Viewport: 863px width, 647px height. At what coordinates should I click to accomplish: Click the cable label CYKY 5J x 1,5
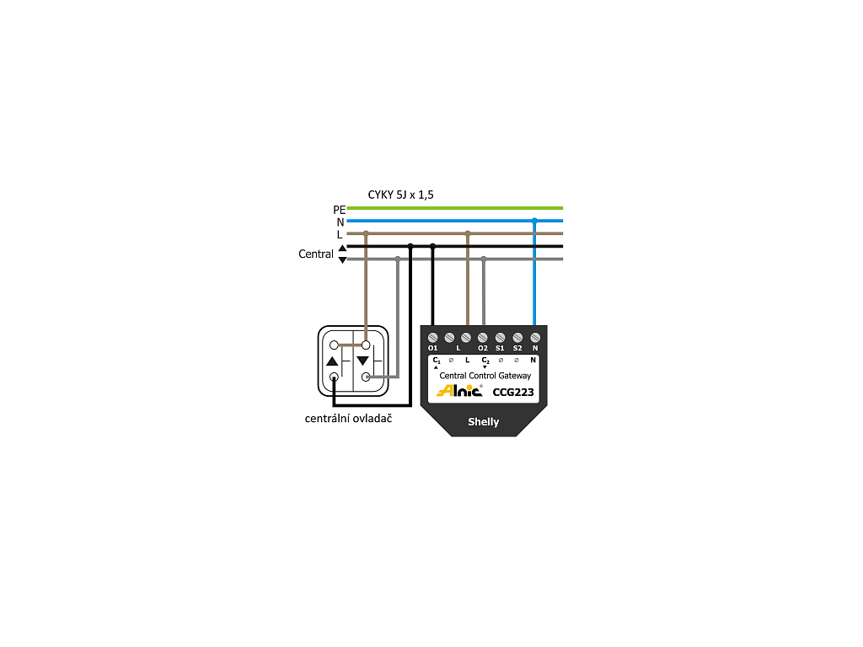[400, 195]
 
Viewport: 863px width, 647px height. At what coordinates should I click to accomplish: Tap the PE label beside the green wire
[339, 210]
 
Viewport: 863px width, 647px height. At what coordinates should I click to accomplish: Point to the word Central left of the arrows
[316, 254]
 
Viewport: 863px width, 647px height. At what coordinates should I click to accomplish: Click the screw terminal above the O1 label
[432, 337]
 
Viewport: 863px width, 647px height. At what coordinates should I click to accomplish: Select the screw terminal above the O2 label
[483, 337]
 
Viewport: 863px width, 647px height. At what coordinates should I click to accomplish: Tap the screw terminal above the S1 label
[500, 337]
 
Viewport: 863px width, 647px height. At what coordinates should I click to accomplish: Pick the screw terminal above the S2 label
[517, 337]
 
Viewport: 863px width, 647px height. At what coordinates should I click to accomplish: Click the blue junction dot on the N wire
[534, 221]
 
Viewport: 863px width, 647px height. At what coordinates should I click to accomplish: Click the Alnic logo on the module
[459, 390]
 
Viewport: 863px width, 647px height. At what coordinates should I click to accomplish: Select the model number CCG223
[513, 392]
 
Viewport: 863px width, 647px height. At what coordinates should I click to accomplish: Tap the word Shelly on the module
[483, 422]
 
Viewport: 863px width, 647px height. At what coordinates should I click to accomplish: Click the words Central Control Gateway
[485, 376]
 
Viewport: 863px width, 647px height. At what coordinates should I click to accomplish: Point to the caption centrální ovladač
[348, 419]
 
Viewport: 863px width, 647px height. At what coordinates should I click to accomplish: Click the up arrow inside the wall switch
[332, 361]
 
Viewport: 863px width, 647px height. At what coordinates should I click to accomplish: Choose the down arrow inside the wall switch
[362, 361]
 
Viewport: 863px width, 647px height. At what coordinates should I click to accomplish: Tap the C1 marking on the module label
[437, 361]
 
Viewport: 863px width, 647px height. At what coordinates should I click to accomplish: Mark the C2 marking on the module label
[485, 361]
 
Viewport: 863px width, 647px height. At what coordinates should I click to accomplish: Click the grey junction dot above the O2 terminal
[483, 259]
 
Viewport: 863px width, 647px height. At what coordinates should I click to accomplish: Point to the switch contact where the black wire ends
[334, 377]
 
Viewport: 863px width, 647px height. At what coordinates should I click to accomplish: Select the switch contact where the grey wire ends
[366, 377]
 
